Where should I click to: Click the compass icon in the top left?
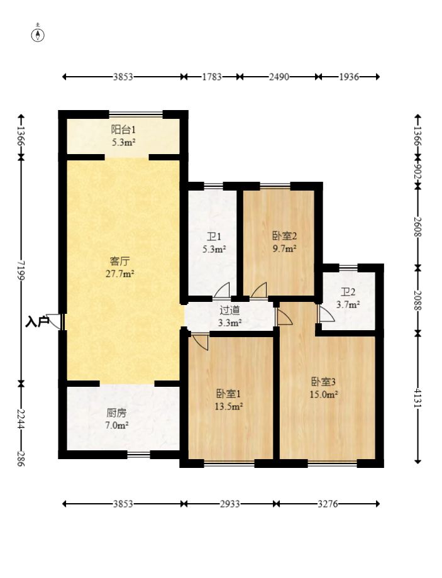38,35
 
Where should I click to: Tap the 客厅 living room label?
120,262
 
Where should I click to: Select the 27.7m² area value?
120,274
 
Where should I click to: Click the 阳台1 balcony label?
123,130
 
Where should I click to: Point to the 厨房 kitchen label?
116,413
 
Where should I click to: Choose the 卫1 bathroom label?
214,236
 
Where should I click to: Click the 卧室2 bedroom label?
285,236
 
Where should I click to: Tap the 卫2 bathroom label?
348,292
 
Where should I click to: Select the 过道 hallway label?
229,310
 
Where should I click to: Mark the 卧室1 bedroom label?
229,394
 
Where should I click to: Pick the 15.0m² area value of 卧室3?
324,395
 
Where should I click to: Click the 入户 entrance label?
37,322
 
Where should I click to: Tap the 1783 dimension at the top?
212,77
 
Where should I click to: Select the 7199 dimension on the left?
21,270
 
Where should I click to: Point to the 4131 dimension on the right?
417,397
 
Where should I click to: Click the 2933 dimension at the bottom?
230,504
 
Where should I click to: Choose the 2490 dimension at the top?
279,77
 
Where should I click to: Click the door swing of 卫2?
326,313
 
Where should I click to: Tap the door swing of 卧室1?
200,342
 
